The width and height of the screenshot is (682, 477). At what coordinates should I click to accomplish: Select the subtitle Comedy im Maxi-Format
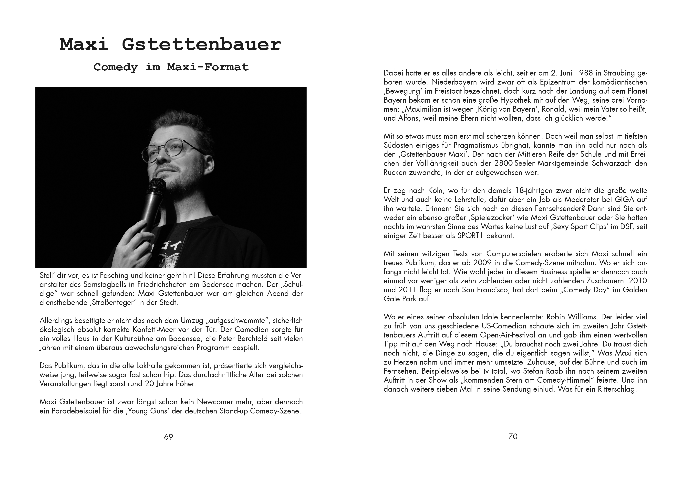pos(171,67)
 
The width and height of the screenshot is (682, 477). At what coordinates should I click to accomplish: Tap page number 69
pos(168,437)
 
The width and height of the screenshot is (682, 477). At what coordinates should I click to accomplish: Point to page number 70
pos(513,436)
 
